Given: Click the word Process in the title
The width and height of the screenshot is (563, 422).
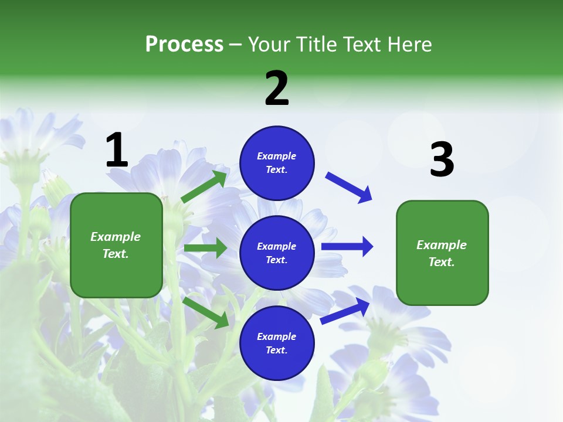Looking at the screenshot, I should (x=184, y=45).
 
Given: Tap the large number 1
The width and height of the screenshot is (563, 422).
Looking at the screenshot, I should (x=117, y=151).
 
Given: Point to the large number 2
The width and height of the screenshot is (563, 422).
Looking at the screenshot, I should (x=277, y=89).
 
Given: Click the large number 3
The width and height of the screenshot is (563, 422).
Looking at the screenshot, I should (x=442, y=160).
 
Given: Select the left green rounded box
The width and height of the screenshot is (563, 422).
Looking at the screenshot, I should (x=116, y=245).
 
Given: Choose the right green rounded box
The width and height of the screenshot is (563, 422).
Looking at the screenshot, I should (x=442, y=253).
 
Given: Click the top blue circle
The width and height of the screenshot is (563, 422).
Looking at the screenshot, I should (x=277, y=163).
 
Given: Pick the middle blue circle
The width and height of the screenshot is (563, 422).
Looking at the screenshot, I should (x=277, y=253).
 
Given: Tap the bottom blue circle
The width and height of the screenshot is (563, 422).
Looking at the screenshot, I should (x=277, y=343).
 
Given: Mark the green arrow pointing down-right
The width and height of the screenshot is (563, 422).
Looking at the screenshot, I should (x=205, y=312).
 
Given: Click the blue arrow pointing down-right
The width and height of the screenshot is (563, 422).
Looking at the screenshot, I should (x=349, y=188).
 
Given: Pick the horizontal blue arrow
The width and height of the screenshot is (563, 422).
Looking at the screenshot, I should (x=347, y=246).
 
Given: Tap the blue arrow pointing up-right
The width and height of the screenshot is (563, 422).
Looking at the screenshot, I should (x=345, y=311).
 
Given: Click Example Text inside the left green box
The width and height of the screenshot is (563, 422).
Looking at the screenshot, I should (x=116, y=245).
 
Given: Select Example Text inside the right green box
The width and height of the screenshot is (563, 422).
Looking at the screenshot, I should (x=442, y=253).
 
